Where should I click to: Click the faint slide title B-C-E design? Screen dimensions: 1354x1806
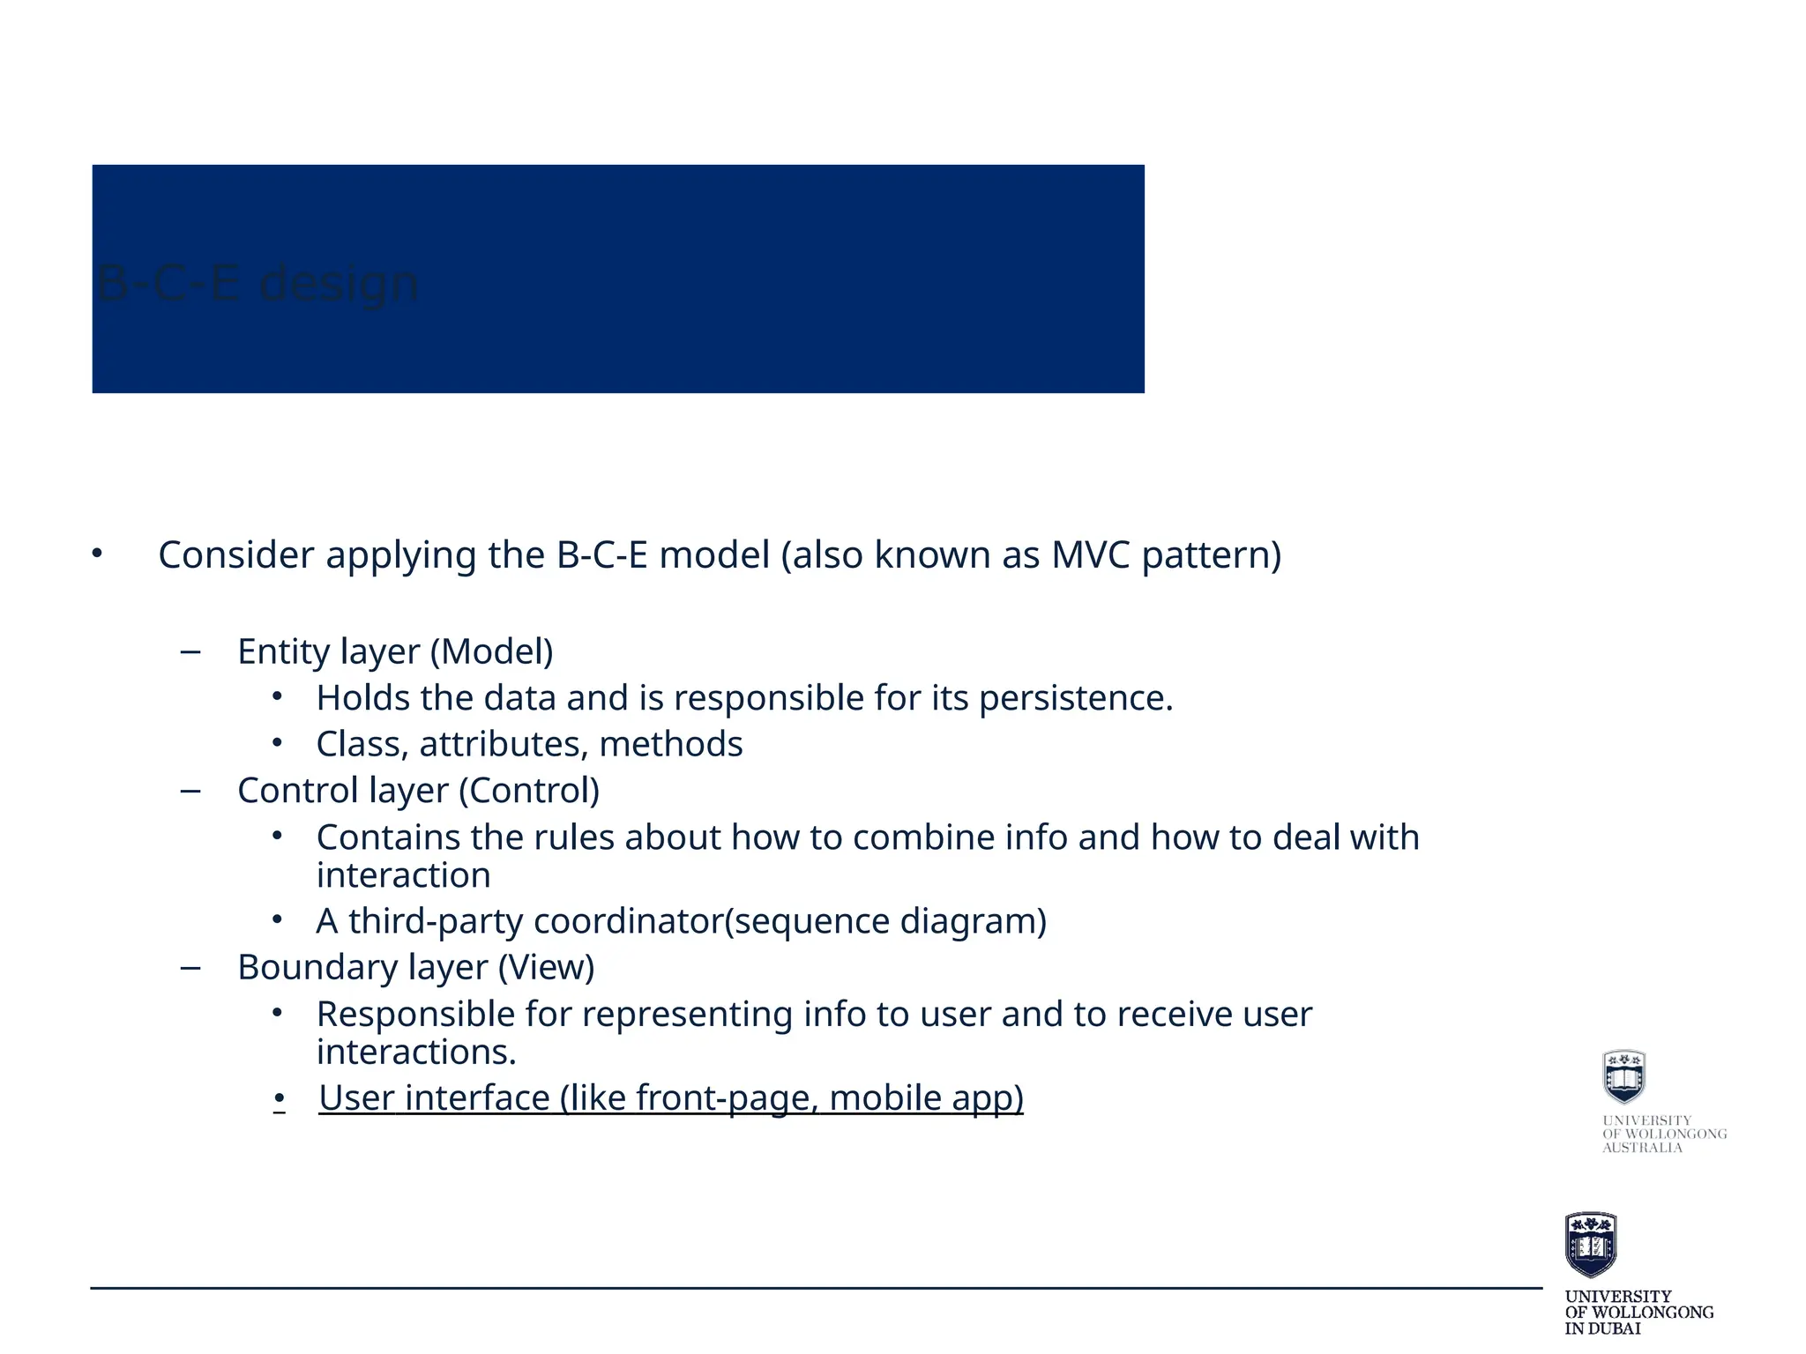257,284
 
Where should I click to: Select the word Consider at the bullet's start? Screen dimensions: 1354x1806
235,555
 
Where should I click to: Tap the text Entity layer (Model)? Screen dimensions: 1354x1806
395,652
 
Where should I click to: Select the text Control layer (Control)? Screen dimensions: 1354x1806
418,791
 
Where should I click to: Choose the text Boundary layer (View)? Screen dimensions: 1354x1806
415,968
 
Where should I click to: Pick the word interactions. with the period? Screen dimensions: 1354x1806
415,1053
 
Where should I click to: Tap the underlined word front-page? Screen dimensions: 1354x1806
728,1098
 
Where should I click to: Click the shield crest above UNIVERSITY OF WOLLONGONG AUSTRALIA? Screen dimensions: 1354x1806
1623,1076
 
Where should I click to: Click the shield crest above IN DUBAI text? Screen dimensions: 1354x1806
1590,1244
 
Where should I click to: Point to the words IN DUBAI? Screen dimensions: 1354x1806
1602,1328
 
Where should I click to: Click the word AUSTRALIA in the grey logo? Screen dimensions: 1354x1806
1642,1148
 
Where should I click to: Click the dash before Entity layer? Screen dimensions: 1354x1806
190,652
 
